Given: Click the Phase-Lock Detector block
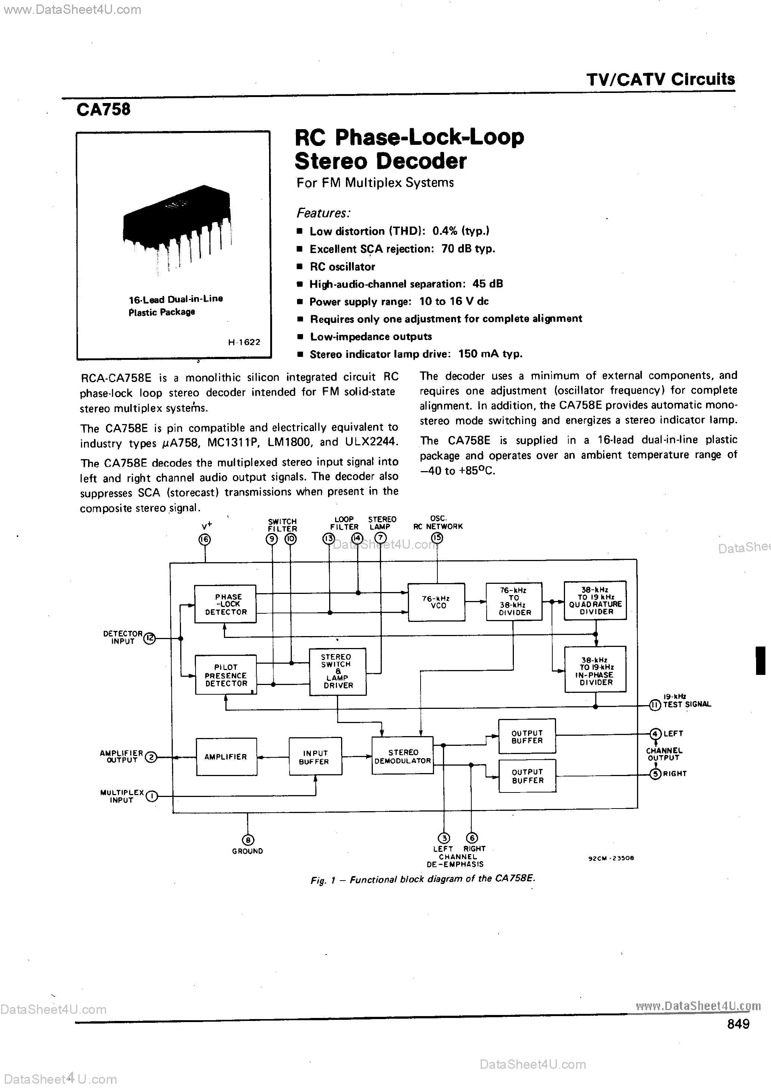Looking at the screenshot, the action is coord(225,604).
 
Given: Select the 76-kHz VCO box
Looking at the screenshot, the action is coord(436,602).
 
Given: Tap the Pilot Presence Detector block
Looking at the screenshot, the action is coord(226,675).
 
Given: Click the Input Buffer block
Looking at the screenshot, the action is coord(315,757).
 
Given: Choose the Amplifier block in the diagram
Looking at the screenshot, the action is coord(226,757).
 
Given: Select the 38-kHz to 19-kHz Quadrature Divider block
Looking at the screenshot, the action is coord(595,601).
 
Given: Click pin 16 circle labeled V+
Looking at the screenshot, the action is coord(205,539).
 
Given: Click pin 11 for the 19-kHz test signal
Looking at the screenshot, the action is coord(655,705).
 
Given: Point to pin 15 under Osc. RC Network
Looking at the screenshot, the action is coord(437,538).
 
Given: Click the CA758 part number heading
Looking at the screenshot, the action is coord(103,110).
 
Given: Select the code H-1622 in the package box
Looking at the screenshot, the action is coord(244,342).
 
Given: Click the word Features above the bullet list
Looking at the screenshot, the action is coord(323,213).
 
